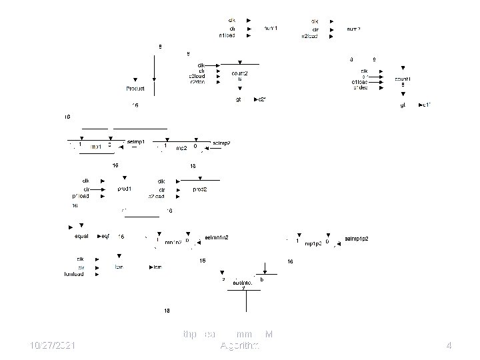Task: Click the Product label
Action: pos(136,89)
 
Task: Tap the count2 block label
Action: pos(240,73)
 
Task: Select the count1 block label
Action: pos(405,79)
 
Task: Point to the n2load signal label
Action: pos(310,36)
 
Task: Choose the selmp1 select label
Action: pos(136,142)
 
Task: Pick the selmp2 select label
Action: pos(221,143)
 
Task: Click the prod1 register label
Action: pos(125,189)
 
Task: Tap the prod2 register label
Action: pos(200,189)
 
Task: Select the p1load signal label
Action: pos(81,197)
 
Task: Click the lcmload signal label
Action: pos(74,274)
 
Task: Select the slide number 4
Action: pos(449,345)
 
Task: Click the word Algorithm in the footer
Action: pos(240,345)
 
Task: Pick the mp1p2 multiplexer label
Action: pos(314,243)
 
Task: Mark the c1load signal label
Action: pos(361,82)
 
